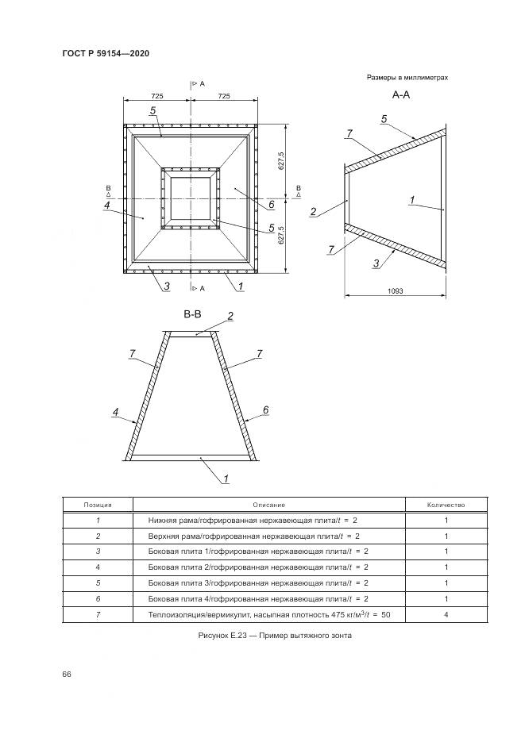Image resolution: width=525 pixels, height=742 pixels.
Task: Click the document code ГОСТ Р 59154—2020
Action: click(106, 53)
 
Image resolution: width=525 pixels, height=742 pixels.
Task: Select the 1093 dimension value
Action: click(396, 291)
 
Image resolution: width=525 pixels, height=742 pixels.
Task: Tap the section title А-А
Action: click(401, 94)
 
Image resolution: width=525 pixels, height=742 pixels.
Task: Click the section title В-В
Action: click(192, 314)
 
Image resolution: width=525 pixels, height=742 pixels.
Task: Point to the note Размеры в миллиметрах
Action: click(407, 77)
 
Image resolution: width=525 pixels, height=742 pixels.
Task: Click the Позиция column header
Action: click(98, 505)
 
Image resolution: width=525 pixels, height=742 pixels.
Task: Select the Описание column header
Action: click(269, 505)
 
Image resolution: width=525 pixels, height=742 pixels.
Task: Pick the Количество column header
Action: click(446, 505)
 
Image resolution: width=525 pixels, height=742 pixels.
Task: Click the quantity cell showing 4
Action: click(446, 615)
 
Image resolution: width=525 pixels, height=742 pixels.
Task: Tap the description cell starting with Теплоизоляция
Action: click(269, 615)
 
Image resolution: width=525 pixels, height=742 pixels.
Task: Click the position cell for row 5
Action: click(98, 583)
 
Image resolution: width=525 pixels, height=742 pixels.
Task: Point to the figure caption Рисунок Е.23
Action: click(275, 636)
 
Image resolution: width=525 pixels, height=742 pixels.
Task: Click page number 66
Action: click(66, 675)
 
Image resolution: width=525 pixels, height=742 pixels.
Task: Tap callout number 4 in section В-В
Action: click(115, 412)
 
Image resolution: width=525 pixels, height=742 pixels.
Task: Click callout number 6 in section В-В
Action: click(265, 409)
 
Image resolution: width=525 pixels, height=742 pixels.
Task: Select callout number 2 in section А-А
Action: click(313, 212)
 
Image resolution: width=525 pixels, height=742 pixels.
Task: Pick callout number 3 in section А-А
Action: click(376, 263)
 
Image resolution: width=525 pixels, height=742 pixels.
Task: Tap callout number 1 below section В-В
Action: click(226, 479)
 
